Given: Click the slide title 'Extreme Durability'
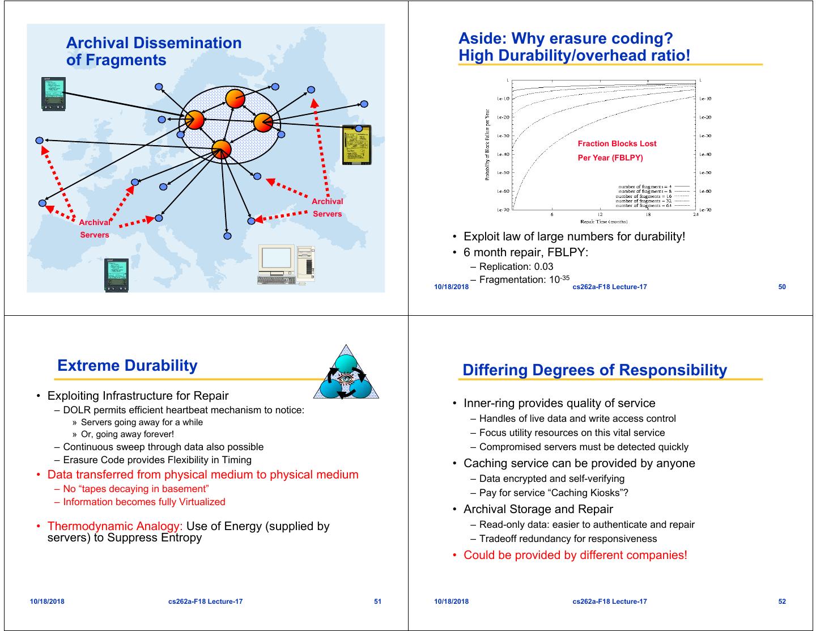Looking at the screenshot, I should point(127,366).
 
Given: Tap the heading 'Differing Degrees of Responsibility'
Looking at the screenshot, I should point(594,370).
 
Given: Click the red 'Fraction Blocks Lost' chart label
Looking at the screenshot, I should point(617,144).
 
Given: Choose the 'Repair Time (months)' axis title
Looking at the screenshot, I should point(603,222).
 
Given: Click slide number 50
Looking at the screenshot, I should point(782,287).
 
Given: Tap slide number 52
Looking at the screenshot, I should point(782,602).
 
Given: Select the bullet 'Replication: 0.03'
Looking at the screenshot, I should point(516,266).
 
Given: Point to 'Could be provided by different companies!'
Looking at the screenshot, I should point(575,555).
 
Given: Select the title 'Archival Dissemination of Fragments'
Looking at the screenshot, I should point(154,52).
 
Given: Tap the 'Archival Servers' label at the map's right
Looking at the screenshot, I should point(327,207).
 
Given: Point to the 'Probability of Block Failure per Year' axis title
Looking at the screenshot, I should point(487,145).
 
